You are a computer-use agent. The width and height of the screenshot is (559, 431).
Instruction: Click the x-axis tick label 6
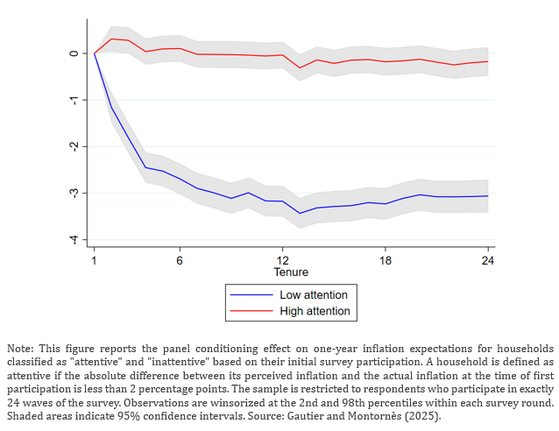point(180,261)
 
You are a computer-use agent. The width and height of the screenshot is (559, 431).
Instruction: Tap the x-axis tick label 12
point(282,261)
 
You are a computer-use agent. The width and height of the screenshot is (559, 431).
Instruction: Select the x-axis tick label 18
point(386,261)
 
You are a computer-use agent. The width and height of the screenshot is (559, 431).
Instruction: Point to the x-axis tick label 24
point(488,261)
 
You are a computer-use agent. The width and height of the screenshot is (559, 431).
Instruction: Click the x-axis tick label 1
point(94,261)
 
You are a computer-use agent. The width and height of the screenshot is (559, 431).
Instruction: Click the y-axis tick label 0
point(74,53)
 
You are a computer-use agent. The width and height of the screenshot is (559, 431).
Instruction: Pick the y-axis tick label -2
point(74,146)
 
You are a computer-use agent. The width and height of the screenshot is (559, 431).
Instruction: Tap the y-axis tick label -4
point(74,239)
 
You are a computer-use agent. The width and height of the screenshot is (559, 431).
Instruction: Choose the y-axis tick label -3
point(74,193)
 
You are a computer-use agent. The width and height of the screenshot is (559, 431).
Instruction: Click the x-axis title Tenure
point(291,273)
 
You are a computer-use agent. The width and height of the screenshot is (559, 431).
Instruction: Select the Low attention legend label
point(314,295)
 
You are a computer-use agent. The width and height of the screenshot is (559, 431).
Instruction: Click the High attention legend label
point(315,311)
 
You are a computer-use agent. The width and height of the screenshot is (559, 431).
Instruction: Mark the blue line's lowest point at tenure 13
point(300,213)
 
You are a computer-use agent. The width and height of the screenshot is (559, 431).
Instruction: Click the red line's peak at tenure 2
point(111,39)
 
